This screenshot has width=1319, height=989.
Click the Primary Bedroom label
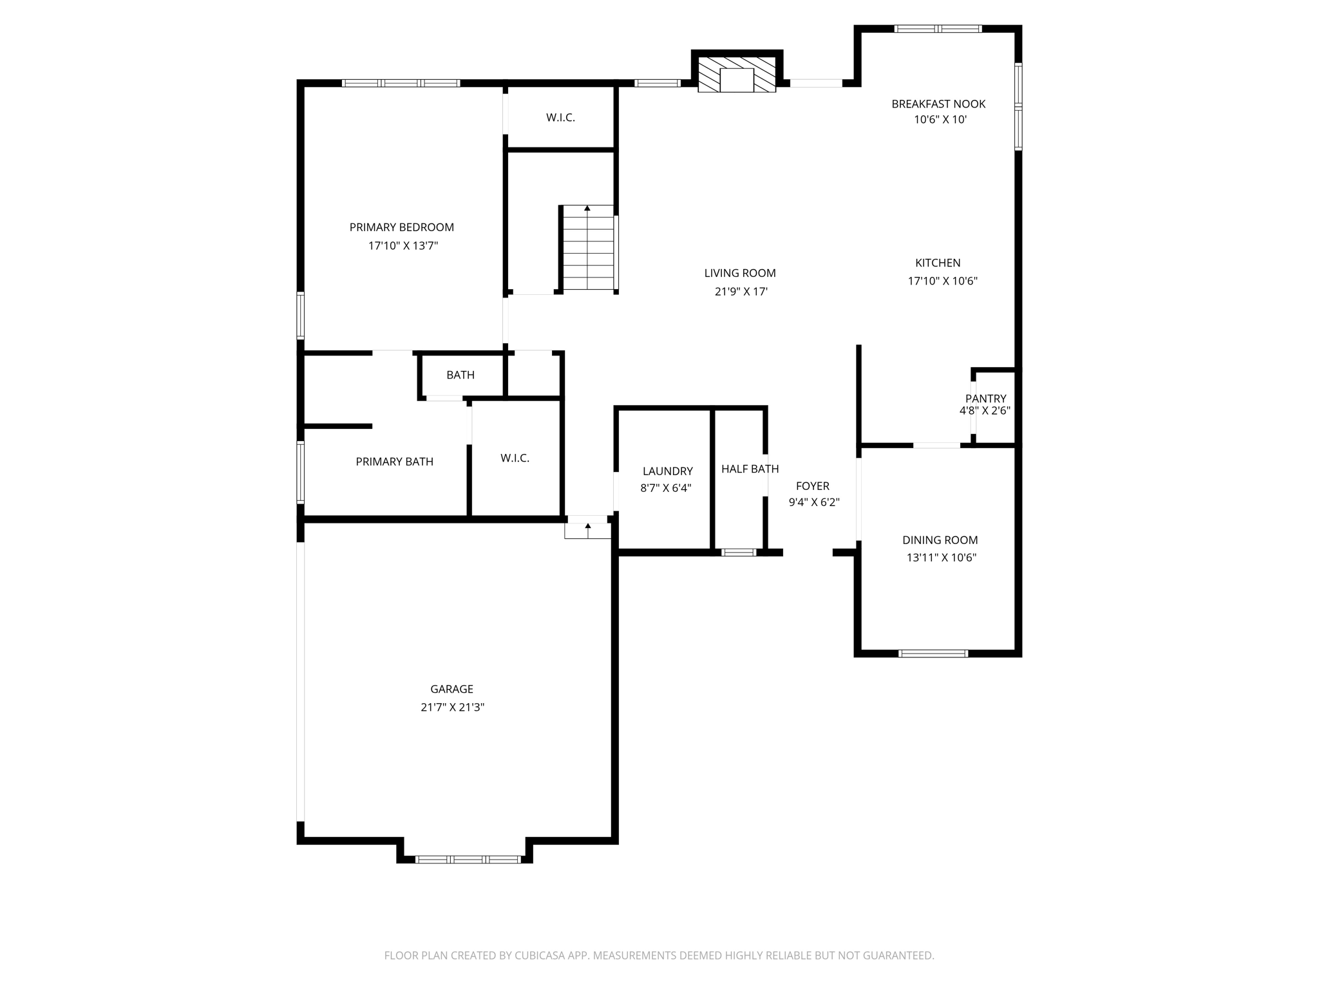tap(401, 227)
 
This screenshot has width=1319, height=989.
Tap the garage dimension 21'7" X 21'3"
tap(452, 707)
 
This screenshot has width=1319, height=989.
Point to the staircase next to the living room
tap(588, 249)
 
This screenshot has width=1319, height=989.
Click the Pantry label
tap(985, 399)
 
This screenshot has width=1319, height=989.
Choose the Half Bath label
tap(750, 469)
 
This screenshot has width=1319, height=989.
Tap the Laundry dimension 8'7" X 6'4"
tap(666, 488)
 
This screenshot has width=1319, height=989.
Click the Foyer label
tap(812, 486)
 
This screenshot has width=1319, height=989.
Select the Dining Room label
tap(940, 540)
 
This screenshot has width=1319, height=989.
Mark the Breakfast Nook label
tap(938, 104)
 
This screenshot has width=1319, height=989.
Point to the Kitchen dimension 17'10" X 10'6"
tap(942, 281)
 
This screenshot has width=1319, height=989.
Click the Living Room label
tap(740, 273)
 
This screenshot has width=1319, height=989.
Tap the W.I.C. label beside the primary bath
tap(515, 458)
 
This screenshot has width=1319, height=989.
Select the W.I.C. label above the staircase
tap(560, 118)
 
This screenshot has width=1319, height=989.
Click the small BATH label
tap(460, 375)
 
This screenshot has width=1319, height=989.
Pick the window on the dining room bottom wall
tap(933, 654)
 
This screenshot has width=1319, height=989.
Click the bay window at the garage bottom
tap(468, 859)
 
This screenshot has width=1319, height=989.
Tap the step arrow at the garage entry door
tap(587, 529)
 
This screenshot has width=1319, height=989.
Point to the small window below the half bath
tap(738, 552)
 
